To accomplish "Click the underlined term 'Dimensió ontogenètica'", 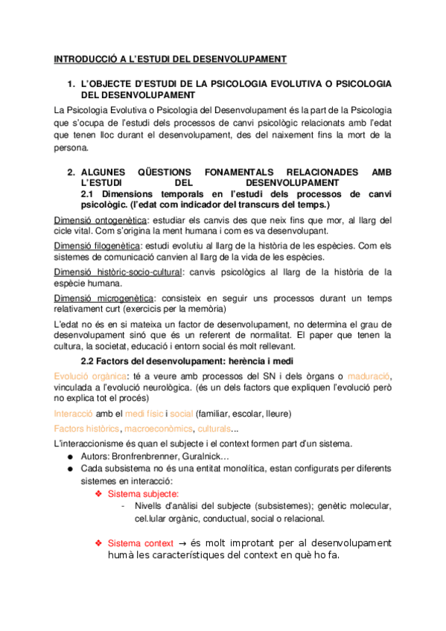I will (101, 220).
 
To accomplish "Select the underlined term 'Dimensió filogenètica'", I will (97, 245).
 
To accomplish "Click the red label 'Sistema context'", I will (141, 544).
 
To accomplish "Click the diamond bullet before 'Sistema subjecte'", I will (98, 493).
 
